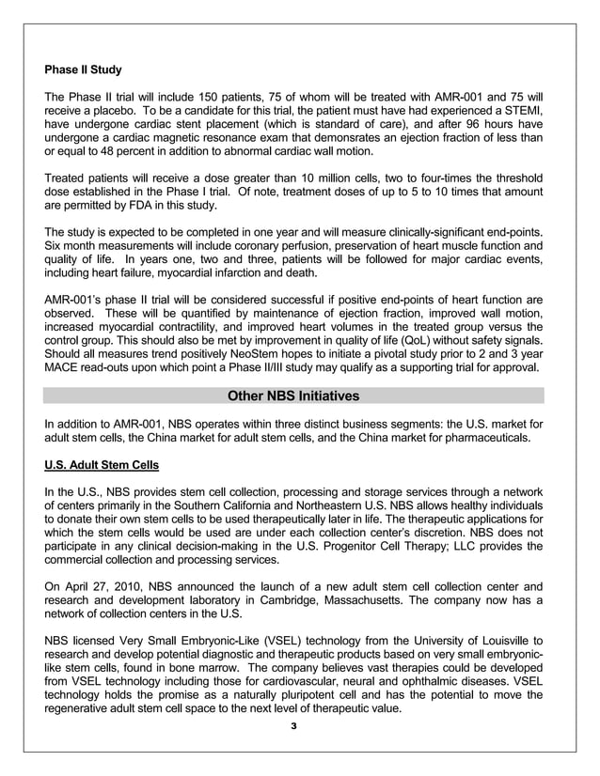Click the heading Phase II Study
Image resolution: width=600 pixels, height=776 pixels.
pos(83,70)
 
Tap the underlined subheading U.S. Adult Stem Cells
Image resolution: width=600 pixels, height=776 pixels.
pos(102,465)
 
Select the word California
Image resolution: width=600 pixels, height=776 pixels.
pos(277,506)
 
